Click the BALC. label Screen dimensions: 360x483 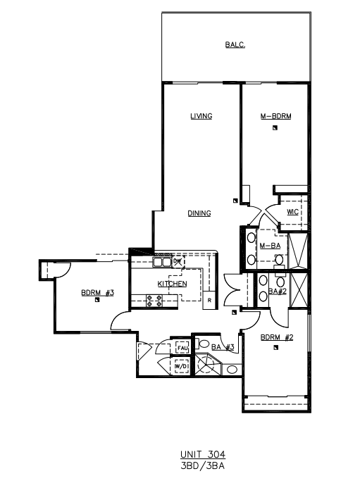click(x=235, y=44)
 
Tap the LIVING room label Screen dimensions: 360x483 click(x=201, y=116)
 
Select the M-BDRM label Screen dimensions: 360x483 click(x=276, y=116)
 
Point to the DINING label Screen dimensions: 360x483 click(x=199, y=213)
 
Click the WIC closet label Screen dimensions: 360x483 click(x=292, y=212)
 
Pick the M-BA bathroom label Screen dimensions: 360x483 click(x=270, y=246)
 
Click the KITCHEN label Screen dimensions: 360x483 click(x=173, y=284)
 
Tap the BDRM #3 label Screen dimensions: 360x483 click(x=98, y=292)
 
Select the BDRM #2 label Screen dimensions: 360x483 click(x=277, y=337)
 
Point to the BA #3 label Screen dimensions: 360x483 click(x=223, y=347)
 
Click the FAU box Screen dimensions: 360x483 click(x=182, y=348)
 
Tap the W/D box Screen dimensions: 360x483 click(x=181, y=367)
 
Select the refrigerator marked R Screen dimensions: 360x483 click(x=209, y=300)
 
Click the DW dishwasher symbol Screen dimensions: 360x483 click(x=178, y=261)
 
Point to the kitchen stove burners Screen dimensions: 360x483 click(x=154, y=301)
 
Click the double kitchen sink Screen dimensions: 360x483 click(x=162, y=262)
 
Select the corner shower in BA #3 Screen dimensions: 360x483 click(x=207, y=365)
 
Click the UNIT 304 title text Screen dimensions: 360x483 click(x=203, y=454)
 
